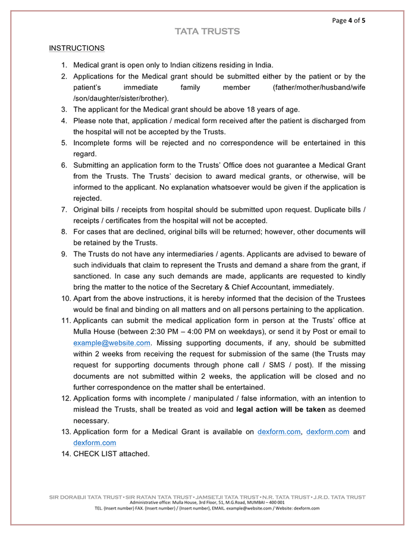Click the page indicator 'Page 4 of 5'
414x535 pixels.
pos(349,20)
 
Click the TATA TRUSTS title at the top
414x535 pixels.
pos(207,32)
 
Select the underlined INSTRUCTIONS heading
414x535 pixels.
pos(77,48)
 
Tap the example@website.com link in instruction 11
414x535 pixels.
pos(112,343)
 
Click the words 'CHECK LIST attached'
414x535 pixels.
pos(111,454)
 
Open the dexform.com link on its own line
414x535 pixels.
pos(95,443)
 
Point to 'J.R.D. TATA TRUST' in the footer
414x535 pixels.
pos(339,497)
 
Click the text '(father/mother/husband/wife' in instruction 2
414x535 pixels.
pos(319,87)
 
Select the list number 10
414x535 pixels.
pos(66,298)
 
